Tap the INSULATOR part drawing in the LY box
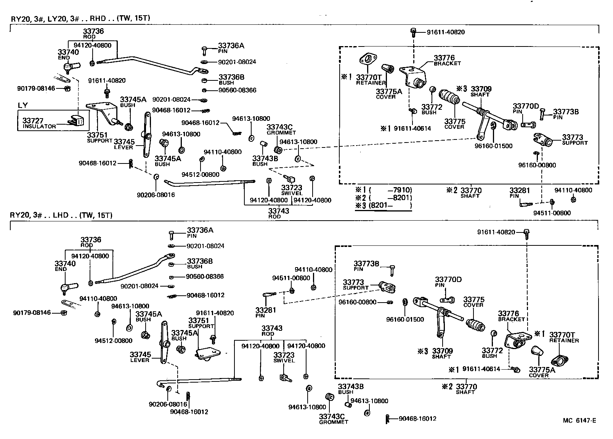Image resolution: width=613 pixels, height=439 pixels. pyautogui.click(x=77, y=121)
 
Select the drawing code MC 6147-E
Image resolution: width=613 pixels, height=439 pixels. pyautogui.click(x=579, y=421)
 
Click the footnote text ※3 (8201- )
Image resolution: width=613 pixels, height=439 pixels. pyautogui.click(x=383, y=206)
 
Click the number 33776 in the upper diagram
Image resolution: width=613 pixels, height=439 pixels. pyautogui.click(x=444, y=58)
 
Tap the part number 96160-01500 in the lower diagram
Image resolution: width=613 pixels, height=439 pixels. pyautogui.click(x=404, y=319)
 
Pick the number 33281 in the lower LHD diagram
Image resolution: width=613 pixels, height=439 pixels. pyautogui.click(x=265, y=310)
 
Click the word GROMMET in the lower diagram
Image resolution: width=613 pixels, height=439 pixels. pyautogui.click(x=333, y=422)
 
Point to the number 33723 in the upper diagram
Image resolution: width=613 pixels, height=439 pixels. pyautogui.click(x=291, y=187)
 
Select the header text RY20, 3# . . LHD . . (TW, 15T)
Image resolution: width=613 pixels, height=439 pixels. pyautogui.click(x=61, y=215)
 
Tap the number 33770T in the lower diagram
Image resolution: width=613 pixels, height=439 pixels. pyautogui.click(x=562, y=335)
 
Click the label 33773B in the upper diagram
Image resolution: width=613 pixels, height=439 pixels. pyautogui.click(x=566, y=112)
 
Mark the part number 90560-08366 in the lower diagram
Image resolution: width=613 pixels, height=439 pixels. pyautogui.click(x=205, y=276)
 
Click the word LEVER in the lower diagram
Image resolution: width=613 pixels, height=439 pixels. pyautogui.click(x=140, y=360)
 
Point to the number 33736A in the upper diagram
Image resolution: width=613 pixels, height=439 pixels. pyautogui.click(x=231, y=46)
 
